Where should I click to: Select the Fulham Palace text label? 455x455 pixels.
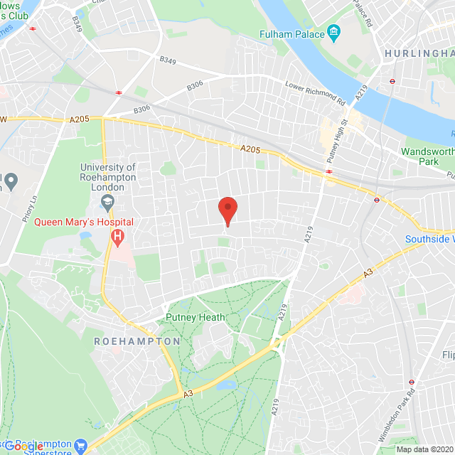point(291,34)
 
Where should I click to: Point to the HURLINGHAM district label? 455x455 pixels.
point(419,53)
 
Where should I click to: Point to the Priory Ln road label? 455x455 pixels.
point(29,210)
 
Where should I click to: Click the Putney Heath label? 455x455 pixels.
point(195,317)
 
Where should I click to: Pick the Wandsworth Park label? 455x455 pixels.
point(427,157)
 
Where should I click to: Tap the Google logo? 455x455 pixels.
point(23,446)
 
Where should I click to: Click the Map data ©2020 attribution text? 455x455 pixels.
point(424,449)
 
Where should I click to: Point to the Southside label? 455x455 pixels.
point(429,239)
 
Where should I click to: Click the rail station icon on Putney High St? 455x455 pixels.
point(330,171)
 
